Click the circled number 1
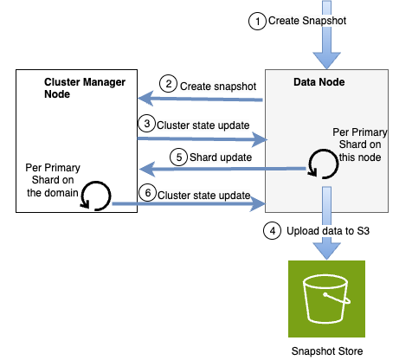point(257,21)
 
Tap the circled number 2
point(168,84)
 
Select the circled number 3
point(147,124)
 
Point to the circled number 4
point(273,231)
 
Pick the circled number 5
point(179,157)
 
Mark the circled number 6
point(148,192)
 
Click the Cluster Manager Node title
point(85,88)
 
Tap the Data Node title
point(319,82)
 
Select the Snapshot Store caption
point(327,351)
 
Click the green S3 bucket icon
point(326,299)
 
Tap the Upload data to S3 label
point(328,231)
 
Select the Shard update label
point(221,157)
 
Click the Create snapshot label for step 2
point(218,87)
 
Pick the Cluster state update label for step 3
point(203,125)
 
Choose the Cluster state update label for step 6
point(204,196)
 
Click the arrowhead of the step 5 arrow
point(146,169)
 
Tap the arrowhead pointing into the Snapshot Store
point(326,251)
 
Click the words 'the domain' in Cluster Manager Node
point(53,193)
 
